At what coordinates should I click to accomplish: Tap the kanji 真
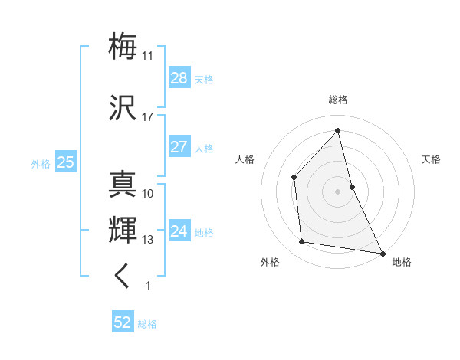123,185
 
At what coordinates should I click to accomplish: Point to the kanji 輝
123,231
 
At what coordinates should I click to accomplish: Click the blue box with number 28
179,78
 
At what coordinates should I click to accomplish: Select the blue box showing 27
179,147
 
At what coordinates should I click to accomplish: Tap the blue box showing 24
179,231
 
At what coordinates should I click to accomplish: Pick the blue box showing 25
65,162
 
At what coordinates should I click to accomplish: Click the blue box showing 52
123,323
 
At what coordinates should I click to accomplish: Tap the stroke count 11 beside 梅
147,56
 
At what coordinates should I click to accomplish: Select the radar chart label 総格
338,100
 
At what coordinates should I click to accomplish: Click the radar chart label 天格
431,159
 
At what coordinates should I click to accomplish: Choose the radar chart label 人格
245,159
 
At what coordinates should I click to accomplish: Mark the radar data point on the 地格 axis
381,252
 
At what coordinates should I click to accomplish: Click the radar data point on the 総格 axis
338,131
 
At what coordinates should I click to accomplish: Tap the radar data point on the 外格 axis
302,242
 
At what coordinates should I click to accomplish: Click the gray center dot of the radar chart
338,191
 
